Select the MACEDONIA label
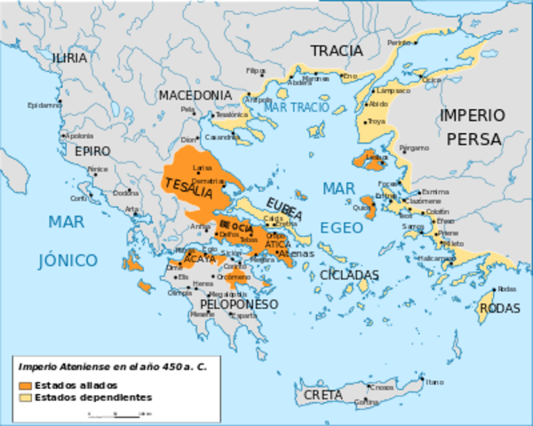point(195,95)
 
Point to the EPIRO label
point(92,151)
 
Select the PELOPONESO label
point(227,304)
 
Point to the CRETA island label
point(322,394)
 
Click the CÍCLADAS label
point(348,274)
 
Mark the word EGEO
point(341,228)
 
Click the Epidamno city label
point(44,105)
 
